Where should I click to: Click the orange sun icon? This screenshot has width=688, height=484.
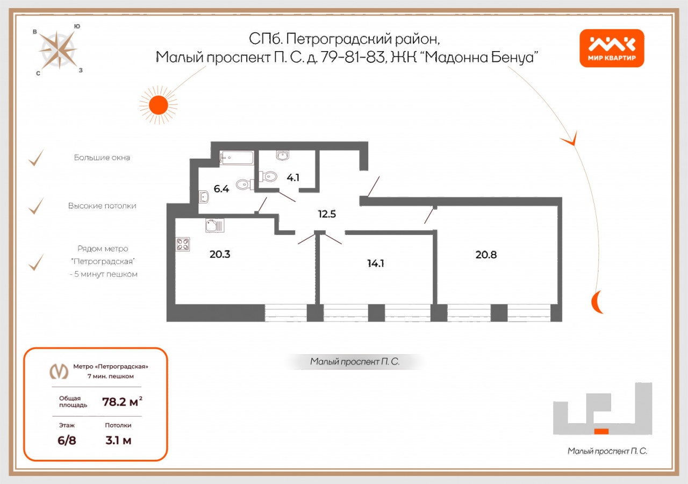tap(159, 105)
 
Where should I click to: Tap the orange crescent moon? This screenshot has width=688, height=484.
tap(596, 302)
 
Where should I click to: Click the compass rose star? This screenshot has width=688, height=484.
tap(58, 50)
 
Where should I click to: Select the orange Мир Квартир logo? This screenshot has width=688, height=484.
tap(612, 48)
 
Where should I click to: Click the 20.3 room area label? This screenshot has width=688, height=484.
tap(220, 254)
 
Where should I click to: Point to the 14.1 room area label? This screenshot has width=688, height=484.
tap(376, 264)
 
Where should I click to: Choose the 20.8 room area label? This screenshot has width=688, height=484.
tap(486, 254)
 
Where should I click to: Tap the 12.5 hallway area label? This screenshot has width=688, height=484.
tap(327, 214)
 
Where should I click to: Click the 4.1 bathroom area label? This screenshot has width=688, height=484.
tap(293, 177)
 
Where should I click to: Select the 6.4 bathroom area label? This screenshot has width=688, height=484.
tap(221, 189)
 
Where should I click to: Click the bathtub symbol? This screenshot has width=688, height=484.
tap(236, 158)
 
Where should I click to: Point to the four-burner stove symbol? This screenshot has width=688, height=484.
tap(183, 244)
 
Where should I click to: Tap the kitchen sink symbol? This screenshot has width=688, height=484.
tap(214, 225)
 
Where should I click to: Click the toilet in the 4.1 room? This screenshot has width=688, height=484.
tap(268, 176)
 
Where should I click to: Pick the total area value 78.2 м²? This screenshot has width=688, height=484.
tap(122, 402)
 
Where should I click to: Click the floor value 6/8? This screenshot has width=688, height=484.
tap(67, 440)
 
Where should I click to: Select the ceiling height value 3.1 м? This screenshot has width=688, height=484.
tap(118, 440)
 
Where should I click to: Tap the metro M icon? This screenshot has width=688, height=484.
tap(59, 371)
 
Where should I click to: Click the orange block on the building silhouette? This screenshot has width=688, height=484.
tap(601, 431)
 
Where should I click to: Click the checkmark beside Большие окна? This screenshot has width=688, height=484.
tap(36, 158)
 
